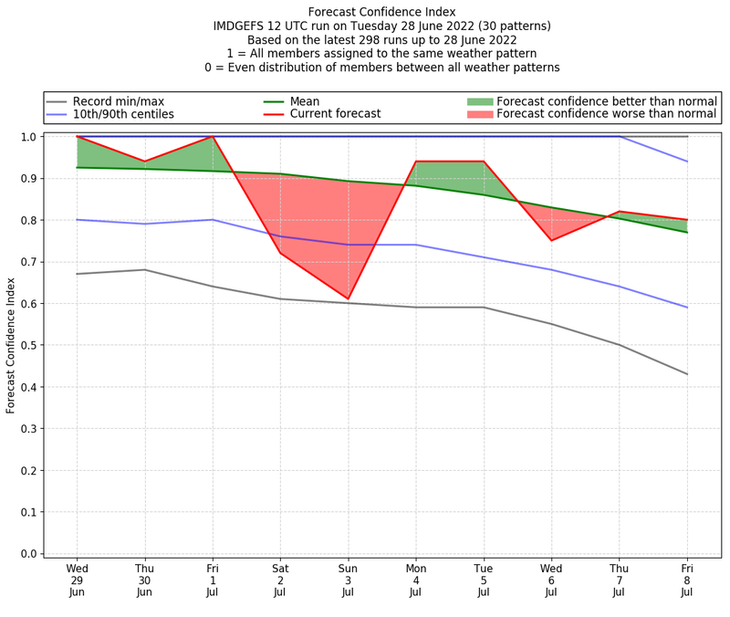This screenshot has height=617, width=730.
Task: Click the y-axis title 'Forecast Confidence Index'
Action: pyautogui.click(x=11, y=344)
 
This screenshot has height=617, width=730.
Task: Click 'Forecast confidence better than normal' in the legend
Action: pyautogui.click(x=607, y=100)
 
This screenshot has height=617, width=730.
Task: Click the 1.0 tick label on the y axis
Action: pyautogui.click(x=28, y=137)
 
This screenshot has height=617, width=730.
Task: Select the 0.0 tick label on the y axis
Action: pyautogui.click(x=28, y=554)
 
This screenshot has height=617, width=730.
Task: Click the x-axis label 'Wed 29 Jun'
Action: pyautogui.click(x=78, y=580)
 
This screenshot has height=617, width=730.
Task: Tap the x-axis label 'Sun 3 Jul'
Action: pyautogui.click(x=348, y=580)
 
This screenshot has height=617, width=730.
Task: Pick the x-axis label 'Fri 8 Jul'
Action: pyautogui.click(x=686, y=580)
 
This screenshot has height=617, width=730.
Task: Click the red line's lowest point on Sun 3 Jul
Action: pyautogui.click(x=348, y=298)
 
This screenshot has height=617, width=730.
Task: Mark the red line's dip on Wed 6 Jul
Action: pyautogui.click(x=551, y=240)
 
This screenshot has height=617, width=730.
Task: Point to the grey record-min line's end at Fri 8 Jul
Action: pyautogui.click(x=686, y=374)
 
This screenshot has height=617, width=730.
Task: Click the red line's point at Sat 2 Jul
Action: pyautogui.click(x=280, y=253)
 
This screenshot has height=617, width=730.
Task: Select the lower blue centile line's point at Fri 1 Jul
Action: pyautogui.click(x=213, y=219)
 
